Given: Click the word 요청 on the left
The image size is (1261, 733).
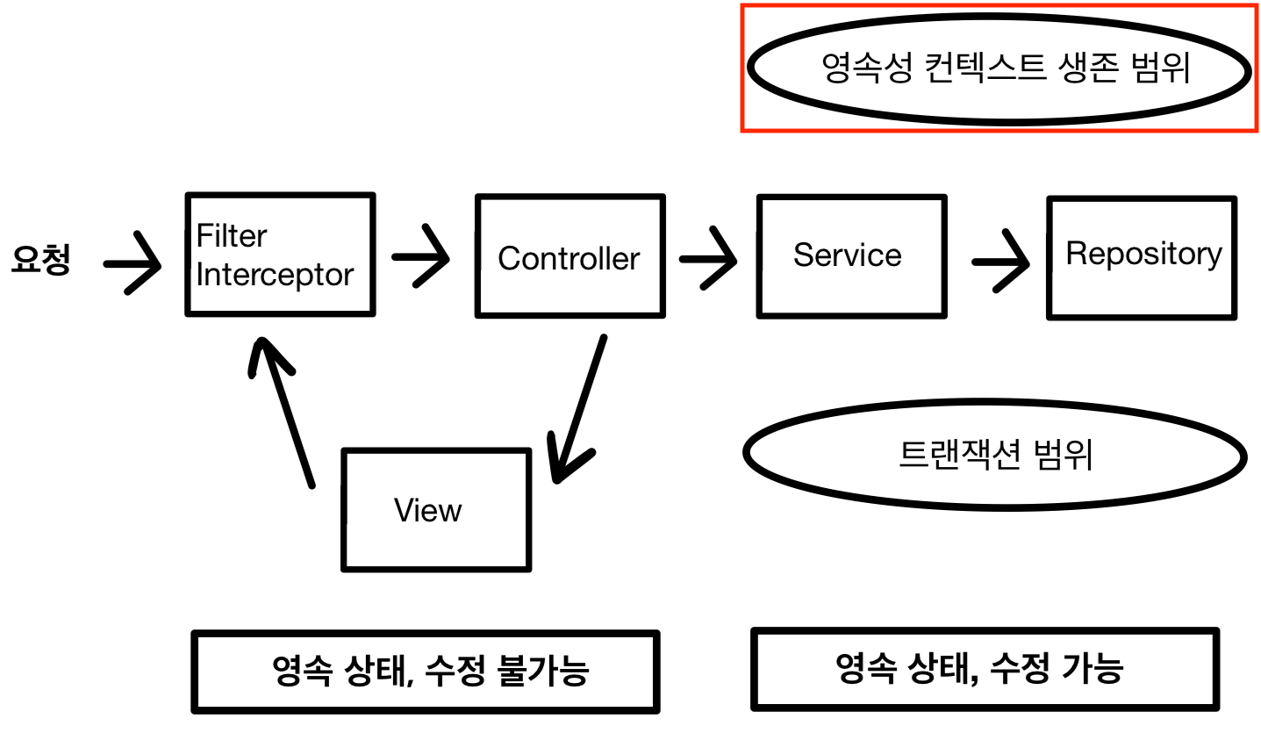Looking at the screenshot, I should tap(40, 260).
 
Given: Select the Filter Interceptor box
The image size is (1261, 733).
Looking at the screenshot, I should tap(280, 255).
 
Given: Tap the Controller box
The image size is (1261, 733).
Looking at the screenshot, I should tap(570, 257).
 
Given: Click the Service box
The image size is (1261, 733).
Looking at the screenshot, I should tap(850, 255).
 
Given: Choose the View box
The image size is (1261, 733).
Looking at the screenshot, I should tap(435, 510).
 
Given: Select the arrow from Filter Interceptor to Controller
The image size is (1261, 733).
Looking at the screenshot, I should tap(421, 257).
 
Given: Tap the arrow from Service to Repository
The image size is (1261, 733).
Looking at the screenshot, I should tap(1001, 261).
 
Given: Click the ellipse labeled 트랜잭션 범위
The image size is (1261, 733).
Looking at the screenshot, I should tap(995, 455).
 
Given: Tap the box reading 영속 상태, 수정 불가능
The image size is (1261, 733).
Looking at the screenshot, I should tap(425, 671).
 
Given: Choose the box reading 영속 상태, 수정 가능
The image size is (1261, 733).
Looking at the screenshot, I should tap(985, 668).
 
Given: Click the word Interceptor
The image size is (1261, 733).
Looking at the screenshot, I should tap(275, 275).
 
